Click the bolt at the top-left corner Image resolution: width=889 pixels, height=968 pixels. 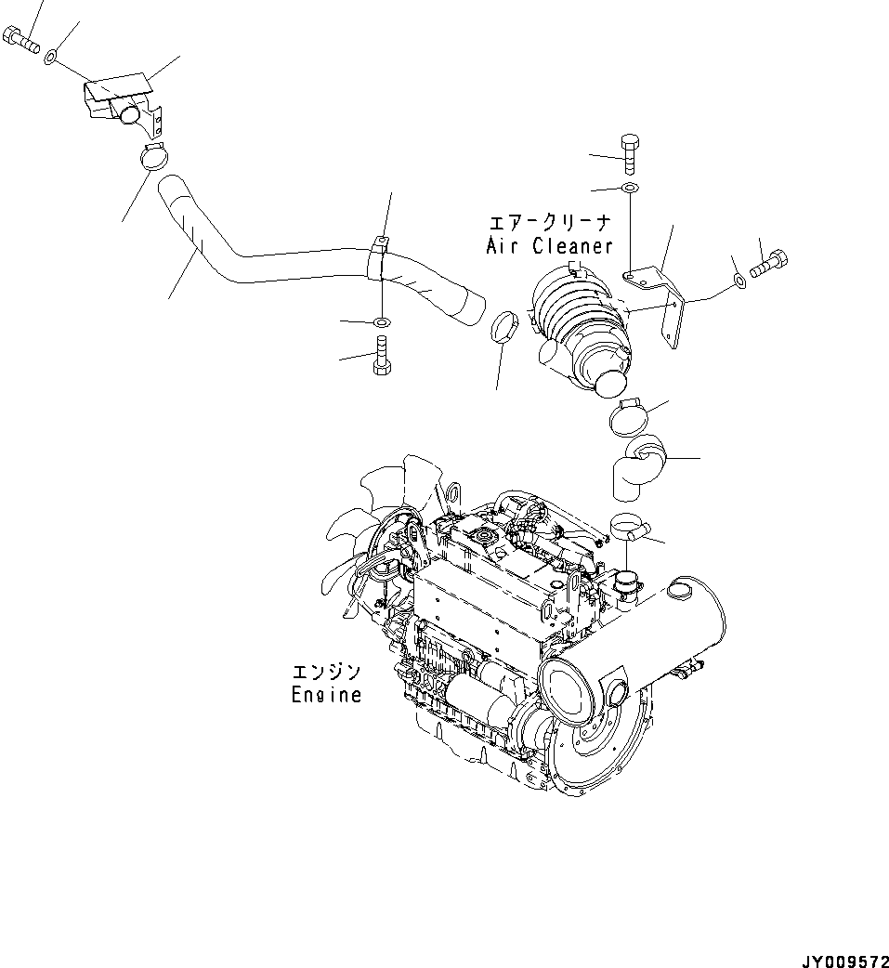(20, 38)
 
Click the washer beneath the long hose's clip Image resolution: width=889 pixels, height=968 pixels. (382, 322)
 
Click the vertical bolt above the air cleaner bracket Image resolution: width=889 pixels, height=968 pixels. (629, 150)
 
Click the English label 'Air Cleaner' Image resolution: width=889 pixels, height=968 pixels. (550, 246)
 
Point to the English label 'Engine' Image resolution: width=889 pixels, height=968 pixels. (325, 694)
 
